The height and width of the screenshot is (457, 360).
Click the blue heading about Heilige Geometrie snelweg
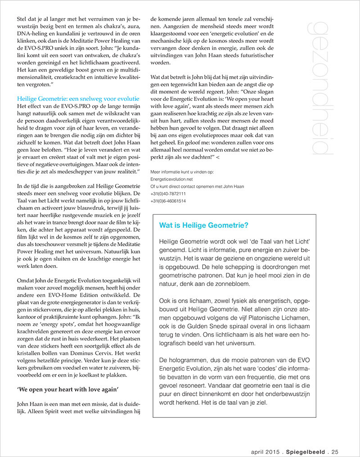(x=78, y=99)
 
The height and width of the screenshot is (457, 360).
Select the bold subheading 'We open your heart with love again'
(x=67, y=388)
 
